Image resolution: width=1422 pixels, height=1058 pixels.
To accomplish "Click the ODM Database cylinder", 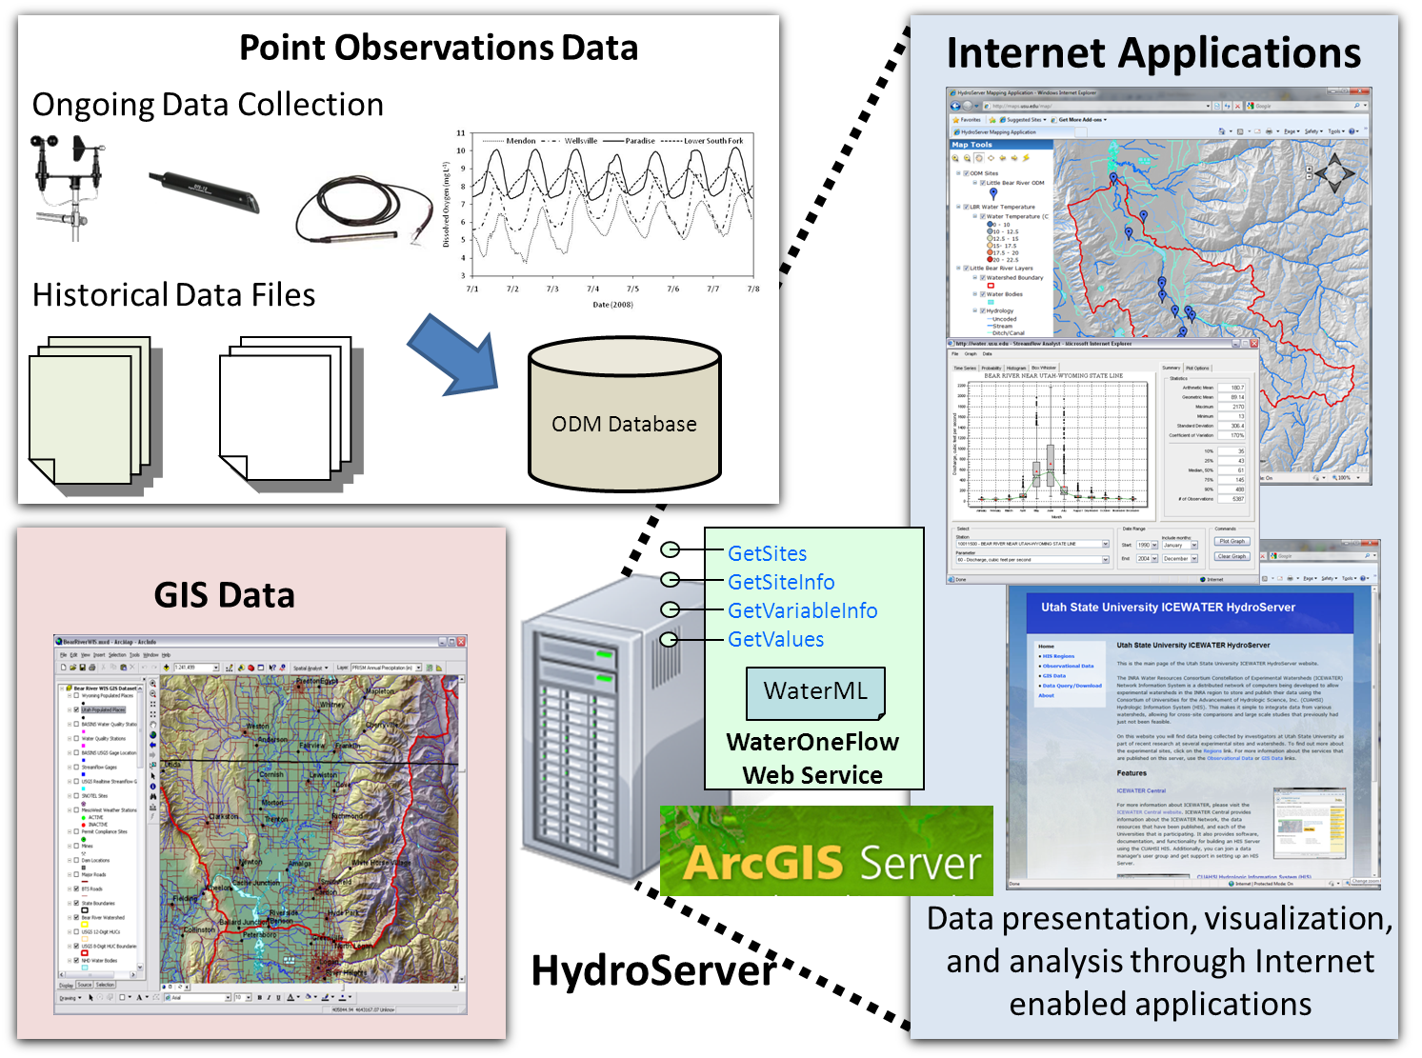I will (624, 416).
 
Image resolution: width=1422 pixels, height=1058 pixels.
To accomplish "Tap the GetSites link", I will (767, 553).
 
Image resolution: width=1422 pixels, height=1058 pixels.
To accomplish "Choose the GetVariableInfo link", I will (802, 610).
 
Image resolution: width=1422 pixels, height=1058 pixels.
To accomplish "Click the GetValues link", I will (775, 639).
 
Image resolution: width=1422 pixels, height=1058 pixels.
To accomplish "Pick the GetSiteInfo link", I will (780, 582).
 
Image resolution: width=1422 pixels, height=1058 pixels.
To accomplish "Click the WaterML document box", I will (815, 691).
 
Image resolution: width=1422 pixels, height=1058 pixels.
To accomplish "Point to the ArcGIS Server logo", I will (826, 851).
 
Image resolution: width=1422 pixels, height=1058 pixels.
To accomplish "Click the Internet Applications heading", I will (1153, 53).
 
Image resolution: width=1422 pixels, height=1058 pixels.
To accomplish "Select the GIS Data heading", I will (225, 595).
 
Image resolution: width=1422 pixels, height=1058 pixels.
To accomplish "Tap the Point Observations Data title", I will (438, 48).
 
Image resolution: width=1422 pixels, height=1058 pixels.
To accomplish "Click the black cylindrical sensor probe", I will (203, 190).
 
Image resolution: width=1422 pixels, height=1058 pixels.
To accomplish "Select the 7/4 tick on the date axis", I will (592, 289).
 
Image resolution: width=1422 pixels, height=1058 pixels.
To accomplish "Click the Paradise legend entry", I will (638, 141).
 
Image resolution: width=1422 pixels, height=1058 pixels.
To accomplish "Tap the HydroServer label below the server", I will (653, 970).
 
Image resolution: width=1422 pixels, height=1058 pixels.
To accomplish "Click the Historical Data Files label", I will (173, 295).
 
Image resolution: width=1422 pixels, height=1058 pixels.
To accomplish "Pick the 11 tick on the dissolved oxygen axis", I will (461, 133).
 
